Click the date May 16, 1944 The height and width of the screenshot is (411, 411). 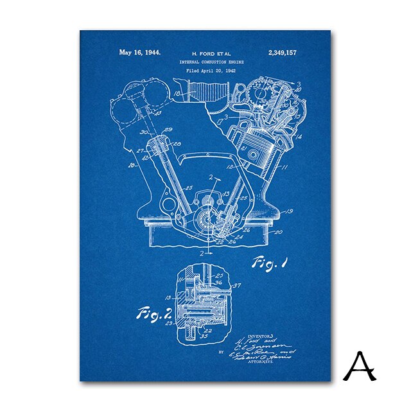click(x=140, y=53)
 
